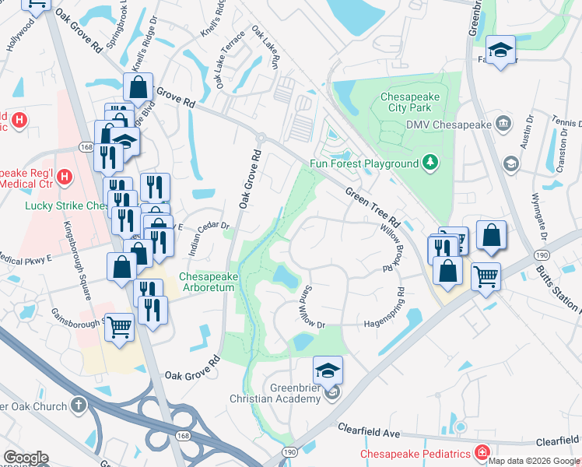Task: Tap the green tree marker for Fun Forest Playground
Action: pos(429,163)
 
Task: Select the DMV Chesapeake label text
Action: pos(447,125)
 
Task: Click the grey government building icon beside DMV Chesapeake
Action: pos(503,123)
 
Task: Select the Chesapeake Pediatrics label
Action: pos(415,454)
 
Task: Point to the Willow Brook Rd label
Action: pos(390,248)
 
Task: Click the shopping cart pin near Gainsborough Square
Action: pos(119,326)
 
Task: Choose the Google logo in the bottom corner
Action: pos(26,458)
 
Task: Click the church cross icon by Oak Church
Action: pos(78,406)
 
